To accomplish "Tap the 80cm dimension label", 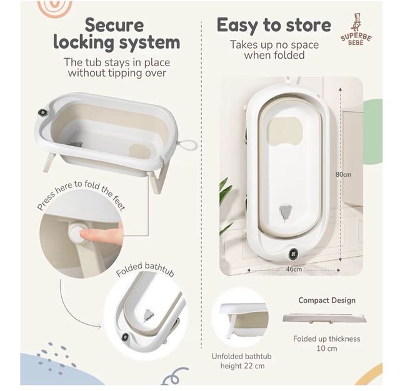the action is [x=343, y=175].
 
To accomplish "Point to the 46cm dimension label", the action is [x=294, y=269].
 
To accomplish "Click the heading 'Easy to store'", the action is [x=274, y=26].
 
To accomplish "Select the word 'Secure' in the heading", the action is [x=114, y=25].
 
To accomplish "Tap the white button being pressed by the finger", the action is [x=76, y=233].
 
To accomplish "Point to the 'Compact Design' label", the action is [x=327, y=300].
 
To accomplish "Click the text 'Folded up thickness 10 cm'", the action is [x=326, y=344].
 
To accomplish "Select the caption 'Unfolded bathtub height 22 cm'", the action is [x=242, y=361].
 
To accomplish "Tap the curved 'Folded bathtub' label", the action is [x=145, y=269].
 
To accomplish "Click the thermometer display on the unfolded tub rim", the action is [x=42, y=112].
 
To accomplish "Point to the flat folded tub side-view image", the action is [x=324, y=319].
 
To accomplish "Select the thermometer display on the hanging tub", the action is [x=293, y=253].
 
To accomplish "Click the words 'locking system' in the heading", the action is [x=117, y=42].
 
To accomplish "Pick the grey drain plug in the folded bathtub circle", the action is [x=148, y=315].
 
